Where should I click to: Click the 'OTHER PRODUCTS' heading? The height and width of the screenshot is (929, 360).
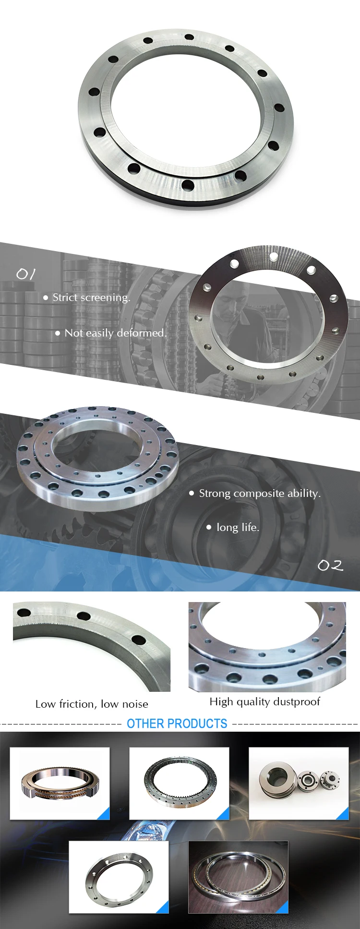pyautogui.click(x=177, y=724)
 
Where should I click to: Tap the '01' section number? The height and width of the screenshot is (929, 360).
pyautogui.click(x=26, y=274)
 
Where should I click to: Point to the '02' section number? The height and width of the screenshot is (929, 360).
pyautogui.click(x=331, y=566)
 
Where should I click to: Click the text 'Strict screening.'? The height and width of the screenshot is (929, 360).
pyautogui.click(x=91, y=298)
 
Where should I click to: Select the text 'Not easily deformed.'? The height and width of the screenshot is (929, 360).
pyautogui.click(x=116, y=333)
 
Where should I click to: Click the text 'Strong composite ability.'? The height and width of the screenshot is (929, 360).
pyautogui.click(x=260, y=494)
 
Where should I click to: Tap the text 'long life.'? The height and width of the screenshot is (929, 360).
pyautogui.click(x=238, y=527)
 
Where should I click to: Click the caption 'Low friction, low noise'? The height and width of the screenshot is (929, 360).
pyautogui.click(x=92, y=704)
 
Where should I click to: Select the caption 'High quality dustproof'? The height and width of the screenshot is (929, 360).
pyautogui.click(x=264, y=702)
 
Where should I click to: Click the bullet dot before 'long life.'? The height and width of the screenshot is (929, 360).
pyautogui.click(x=209, y=527)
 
